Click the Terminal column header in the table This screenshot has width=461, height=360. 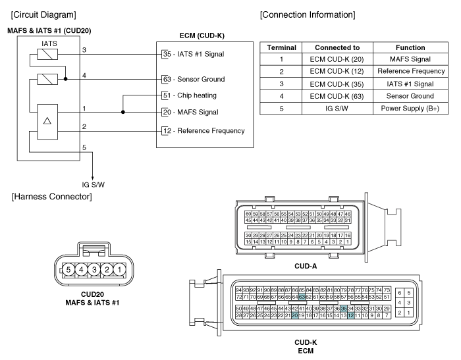(281, 47)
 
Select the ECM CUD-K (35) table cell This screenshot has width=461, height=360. (337, 84)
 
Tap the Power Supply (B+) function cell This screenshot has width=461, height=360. (410, 109)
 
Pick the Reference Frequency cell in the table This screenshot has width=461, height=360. (411, 71)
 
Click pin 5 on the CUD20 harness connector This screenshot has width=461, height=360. (68, 269)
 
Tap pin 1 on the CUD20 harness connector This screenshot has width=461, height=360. (119, 269)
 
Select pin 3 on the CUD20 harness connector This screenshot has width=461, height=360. (94, 269)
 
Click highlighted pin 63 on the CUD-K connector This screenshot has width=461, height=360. (302, 297)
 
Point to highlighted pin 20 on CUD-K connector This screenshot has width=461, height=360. (294, 315)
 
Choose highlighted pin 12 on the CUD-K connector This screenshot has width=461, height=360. (351, 315)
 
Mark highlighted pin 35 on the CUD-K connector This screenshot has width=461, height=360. (344, 309)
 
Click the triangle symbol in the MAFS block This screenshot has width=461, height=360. (47, 120)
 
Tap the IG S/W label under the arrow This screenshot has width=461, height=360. (94, 185)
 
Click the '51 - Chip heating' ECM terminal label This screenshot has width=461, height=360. (190, 95)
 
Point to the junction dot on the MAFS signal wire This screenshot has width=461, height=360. (123, 112)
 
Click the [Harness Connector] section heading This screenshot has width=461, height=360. (52, 197)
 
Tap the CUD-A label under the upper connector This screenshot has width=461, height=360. (306, 267)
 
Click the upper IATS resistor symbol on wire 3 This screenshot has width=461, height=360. (47, 55)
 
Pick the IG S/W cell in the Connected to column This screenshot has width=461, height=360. (337, 109)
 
